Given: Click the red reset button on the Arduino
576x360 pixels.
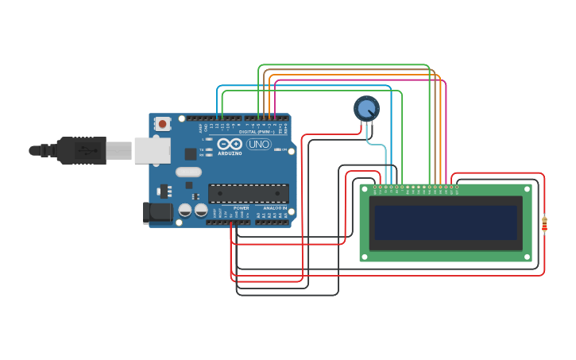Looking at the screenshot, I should (163, 124).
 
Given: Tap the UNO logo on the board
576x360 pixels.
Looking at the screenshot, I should (259, 145).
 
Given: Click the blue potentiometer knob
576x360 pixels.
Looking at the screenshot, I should (366, 108).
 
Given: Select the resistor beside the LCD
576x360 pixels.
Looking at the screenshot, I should (544, 226).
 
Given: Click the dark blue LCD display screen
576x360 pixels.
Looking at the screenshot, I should (446, 223).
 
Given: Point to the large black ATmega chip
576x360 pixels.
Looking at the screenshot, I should (248, 192).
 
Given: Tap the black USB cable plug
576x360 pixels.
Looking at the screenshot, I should (79, 150).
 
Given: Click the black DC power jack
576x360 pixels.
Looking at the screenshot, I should (157, 212).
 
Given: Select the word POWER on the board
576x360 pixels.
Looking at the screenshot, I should (242, 207).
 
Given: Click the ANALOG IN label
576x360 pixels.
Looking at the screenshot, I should (274, 207).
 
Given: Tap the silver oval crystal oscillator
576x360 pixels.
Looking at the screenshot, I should (188, 172).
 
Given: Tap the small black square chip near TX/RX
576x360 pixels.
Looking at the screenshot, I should (191, 154).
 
